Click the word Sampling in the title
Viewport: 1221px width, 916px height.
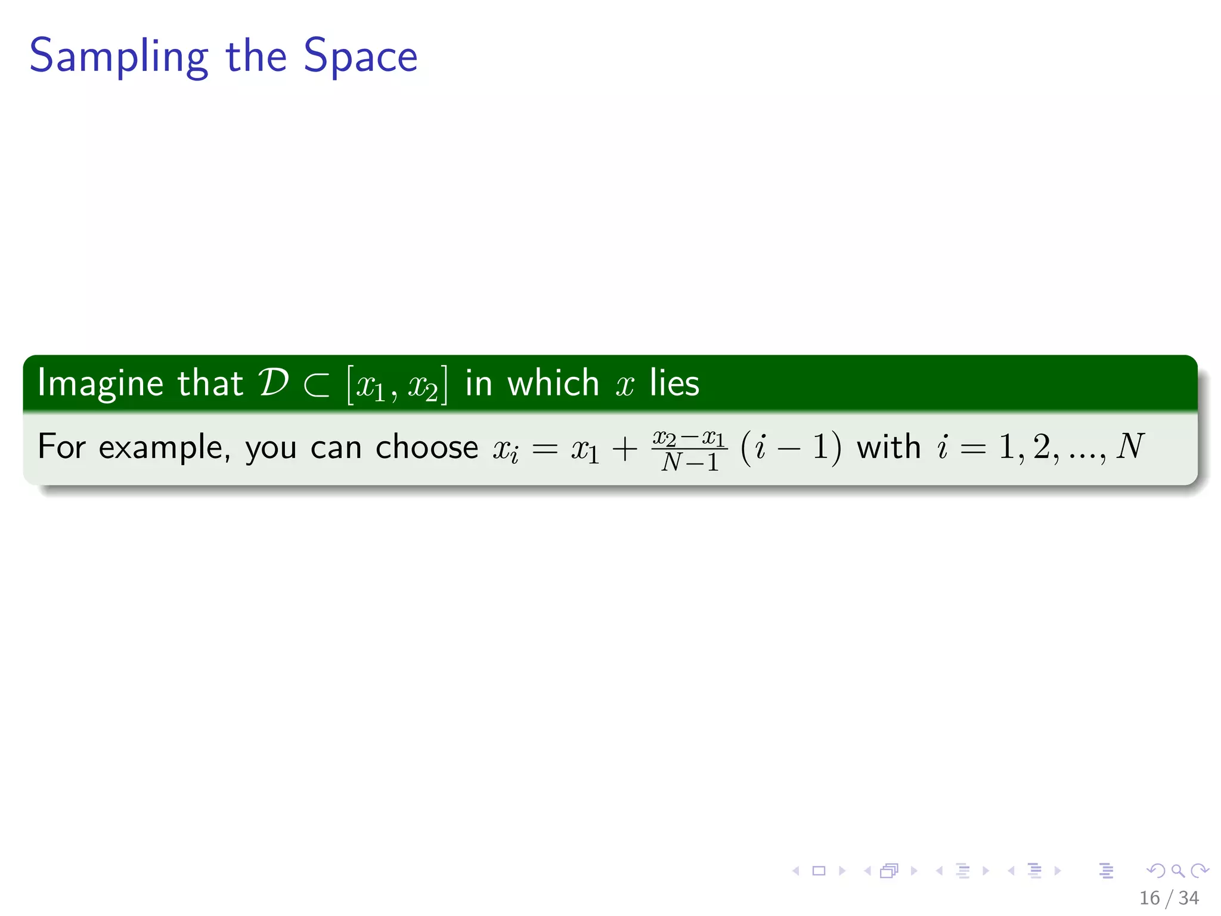[118, 57]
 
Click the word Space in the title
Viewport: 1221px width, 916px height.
[360, 57]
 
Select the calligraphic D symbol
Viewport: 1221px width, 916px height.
[274, 382]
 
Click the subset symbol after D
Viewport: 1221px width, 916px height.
[316, 385]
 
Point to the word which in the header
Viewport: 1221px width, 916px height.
[553, 383]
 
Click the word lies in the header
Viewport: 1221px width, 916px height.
[674, 383]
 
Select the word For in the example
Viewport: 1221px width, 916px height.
[61, 447]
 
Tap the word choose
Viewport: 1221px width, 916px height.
[426, 447]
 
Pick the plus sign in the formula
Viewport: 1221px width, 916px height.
[624, 449]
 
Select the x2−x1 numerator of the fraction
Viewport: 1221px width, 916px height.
[689, 438]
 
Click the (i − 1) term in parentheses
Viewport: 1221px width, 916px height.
[791, 447]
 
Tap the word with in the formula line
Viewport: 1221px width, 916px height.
[888, 447]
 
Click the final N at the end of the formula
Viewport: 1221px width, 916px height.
[1129, 446]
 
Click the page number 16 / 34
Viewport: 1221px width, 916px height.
[1169, 898]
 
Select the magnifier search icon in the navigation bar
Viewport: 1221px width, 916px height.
[1177, 871]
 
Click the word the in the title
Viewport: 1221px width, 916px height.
[256, 57]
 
